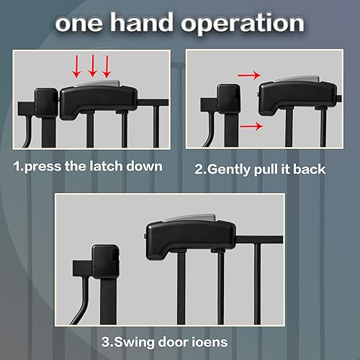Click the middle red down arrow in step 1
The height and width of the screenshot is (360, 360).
(x=93, y=68)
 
